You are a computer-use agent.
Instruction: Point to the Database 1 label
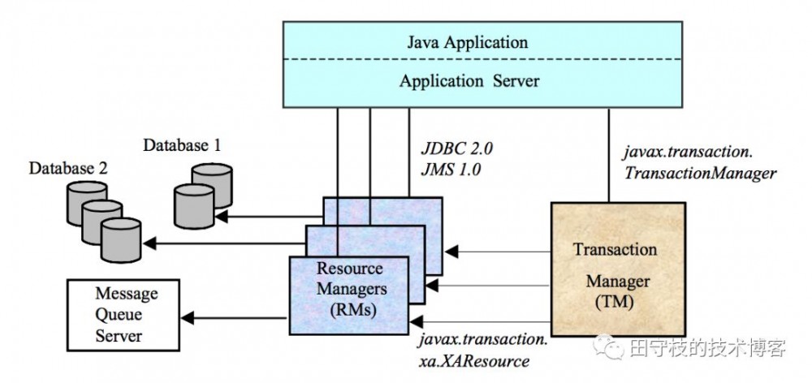coord(182,146)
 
